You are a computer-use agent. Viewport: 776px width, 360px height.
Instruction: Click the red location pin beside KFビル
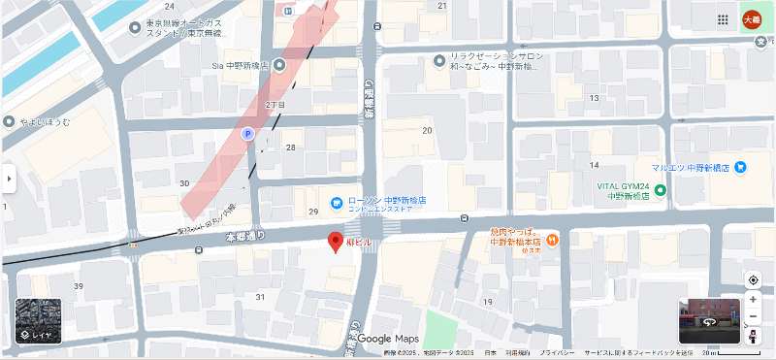point(336,242)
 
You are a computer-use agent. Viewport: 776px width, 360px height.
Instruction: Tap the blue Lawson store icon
point(336,203)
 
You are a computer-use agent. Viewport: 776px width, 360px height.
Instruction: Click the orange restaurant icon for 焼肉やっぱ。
point(552,239)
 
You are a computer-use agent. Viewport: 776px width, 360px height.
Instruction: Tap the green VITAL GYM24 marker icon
point(662,190)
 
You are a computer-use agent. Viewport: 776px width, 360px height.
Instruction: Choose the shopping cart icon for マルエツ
point(740,166)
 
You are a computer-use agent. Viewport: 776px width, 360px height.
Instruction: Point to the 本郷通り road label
point(244,236)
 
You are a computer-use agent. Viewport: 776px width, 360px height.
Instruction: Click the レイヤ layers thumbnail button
point(39,321)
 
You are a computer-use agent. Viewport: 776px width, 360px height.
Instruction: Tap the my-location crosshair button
point(753,280)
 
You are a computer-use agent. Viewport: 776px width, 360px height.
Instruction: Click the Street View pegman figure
point(753,335)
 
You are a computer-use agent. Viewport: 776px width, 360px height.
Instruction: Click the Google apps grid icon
point(724,19)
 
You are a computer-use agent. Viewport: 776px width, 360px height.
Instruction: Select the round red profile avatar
point(752,19)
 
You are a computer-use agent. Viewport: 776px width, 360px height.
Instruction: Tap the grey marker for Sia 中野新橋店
point(279,65)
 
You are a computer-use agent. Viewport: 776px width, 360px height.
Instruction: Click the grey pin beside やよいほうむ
point(10,122)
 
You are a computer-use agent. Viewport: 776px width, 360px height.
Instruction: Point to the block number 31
point(260,296)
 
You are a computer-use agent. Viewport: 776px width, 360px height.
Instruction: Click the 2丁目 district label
point(275,104)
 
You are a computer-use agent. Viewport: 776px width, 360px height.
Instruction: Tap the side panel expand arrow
point(8,179)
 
